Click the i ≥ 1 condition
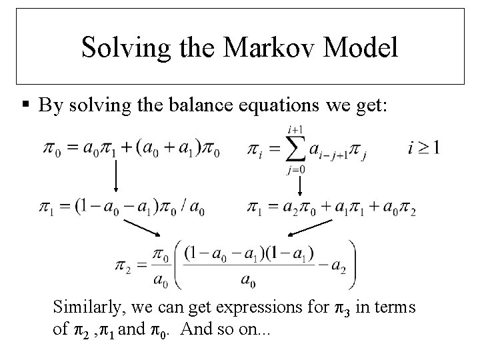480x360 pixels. point(423,147)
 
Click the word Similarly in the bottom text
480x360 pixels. point(85,307)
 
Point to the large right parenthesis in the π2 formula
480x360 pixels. point(351,264)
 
